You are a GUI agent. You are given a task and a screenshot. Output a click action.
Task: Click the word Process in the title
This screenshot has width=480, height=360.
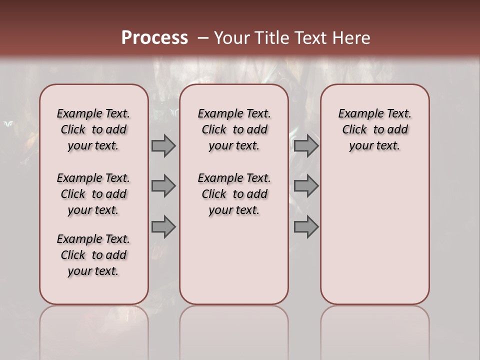pos(154,38)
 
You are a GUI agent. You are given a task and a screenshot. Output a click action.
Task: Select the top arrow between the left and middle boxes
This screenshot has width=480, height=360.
pos(163,146)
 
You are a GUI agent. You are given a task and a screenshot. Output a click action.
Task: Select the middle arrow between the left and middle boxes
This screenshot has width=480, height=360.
pos(163,186)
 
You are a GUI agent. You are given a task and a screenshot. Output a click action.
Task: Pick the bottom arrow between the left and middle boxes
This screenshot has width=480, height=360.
pos(163,227)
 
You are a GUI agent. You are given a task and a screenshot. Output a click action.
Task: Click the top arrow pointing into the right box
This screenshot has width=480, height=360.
pos(306,146)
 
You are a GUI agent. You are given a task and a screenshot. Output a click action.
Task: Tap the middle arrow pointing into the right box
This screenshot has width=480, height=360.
pos(306,186)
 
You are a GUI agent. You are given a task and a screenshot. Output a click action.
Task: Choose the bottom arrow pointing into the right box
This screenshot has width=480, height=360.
pos(306,227)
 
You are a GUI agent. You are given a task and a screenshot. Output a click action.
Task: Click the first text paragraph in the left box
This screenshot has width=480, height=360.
pos(93,129)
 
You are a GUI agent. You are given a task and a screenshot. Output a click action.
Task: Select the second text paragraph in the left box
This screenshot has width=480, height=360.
pos(93,194)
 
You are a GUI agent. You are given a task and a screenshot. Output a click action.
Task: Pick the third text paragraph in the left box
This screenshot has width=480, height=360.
pos(93,255)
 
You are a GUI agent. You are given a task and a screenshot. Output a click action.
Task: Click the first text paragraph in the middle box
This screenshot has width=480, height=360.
pos(234,129)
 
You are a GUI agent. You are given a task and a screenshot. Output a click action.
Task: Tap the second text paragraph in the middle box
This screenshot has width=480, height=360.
pos(234,194)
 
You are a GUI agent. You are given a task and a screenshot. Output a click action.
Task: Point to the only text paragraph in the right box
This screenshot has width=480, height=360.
pos(374,129)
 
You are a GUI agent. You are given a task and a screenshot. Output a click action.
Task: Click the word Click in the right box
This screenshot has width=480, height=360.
pos(354,129)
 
